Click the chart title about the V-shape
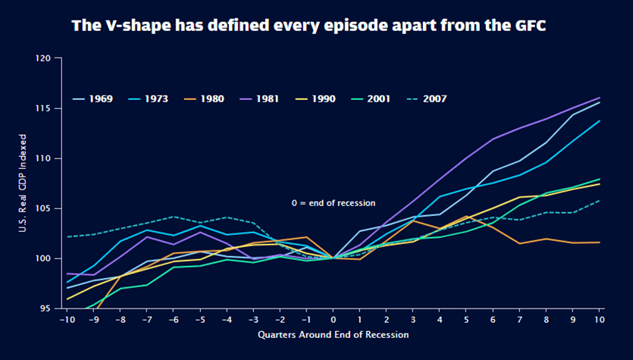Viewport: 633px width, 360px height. click(x=309, y=26)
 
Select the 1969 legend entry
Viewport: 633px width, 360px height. click(x=92, y=99)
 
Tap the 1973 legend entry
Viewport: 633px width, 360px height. click(x=148, y=99)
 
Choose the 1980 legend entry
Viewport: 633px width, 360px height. click(x=204, y=99)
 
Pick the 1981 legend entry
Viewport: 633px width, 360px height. click(x=259, y=99)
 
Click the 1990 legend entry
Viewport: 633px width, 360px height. click(x=315, y=99)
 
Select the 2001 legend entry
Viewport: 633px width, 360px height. click(x=371, y=99)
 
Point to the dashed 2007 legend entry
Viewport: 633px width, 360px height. click(x=427, y=99)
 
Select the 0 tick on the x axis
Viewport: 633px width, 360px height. click(x=333, y=320)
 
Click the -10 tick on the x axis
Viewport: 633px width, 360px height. click(x=66, y=320)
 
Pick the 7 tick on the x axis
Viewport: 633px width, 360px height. click(x=519, y=320)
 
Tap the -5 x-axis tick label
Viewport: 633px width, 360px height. click(x=199, y=320)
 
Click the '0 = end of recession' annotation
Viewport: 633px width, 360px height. click(x=334, y=203)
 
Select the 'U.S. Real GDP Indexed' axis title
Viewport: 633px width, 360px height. click(x=23, y=183)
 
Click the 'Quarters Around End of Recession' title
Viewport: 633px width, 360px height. click(x=334, y=334)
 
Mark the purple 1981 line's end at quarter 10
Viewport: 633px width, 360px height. click(x=600, y=98)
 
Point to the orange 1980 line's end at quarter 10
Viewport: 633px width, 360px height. click(x=600, y=243)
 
